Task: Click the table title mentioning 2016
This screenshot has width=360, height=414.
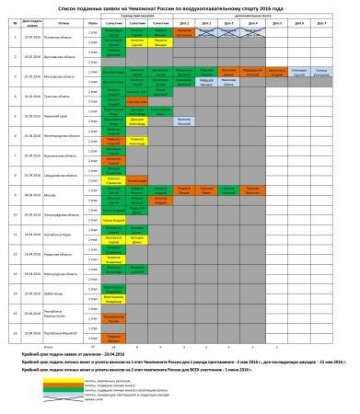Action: pos(180,8)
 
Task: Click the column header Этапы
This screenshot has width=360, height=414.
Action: pos(92,23)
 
